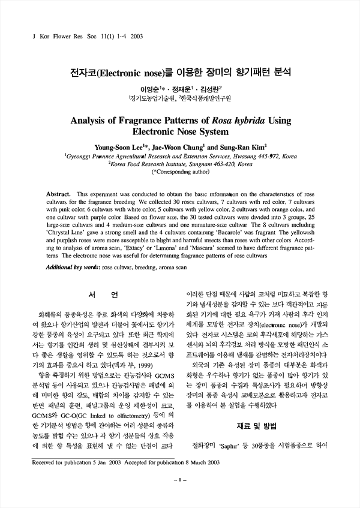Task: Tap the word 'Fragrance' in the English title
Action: point(150,119)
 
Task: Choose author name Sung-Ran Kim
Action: point(241,146)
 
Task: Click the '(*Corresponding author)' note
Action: point(181,171)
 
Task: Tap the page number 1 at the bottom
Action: point(179,497)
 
